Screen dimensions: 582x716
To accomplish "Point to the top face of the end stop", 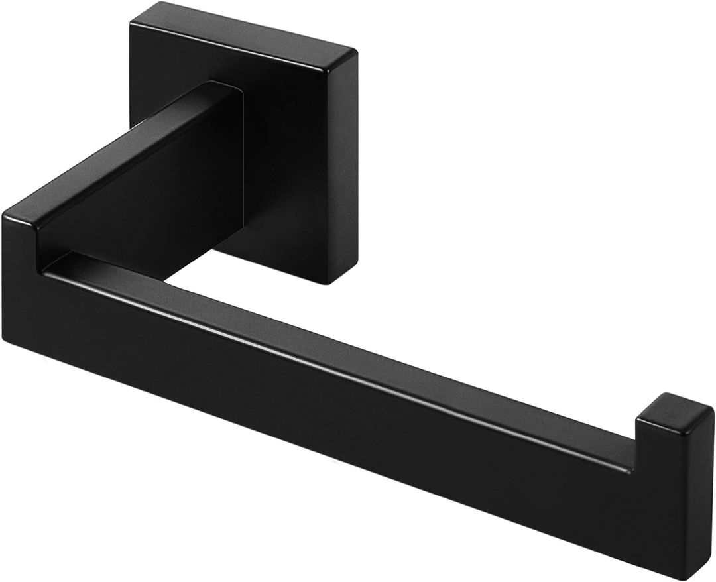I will [673, 406].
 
